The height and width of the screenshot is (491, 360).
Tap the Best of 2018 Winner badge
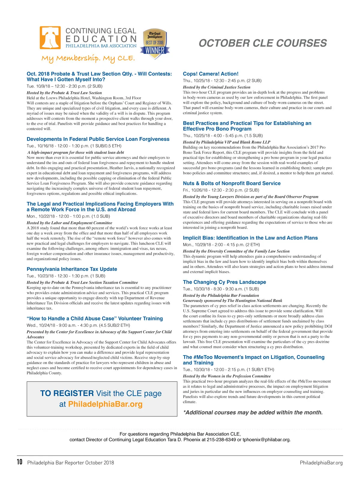(155, 44)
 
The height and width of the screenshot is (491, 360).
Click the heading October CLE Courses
(262, 43)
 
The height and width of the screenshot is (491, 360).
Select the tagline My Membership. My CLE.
(88, 58)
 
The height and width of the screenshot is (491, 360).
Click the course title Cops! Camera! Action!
(211, 74)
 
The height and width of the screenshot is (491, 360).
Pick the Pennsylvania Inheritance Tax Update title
(72, 269)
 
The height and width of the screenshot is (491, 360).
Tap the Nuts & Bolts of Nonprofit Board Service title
(232, 183)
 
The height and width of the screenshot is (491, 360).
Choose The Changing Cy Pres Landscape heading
(224, 282)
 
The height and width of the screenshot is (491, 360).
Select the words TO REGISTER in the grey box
(67, 393)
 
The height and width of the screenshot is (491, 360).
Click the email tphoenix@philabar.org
(266, 440)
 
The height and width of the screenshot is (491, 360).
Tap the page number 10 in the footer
(19, 462)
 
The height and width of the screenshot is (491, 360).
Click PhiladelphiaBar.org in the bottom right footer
(321, 463)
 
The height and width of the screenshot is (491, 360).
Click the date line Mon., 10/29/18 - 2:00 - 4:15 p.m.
(221, 245)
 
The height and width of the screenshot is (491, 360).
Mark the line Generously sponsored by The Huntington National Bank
(232, 301)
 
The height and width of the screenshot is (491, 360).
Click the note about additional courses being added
(253, 412)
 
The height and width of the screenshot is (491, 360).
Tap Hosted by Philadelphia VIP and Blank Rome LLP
(226, 142)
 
